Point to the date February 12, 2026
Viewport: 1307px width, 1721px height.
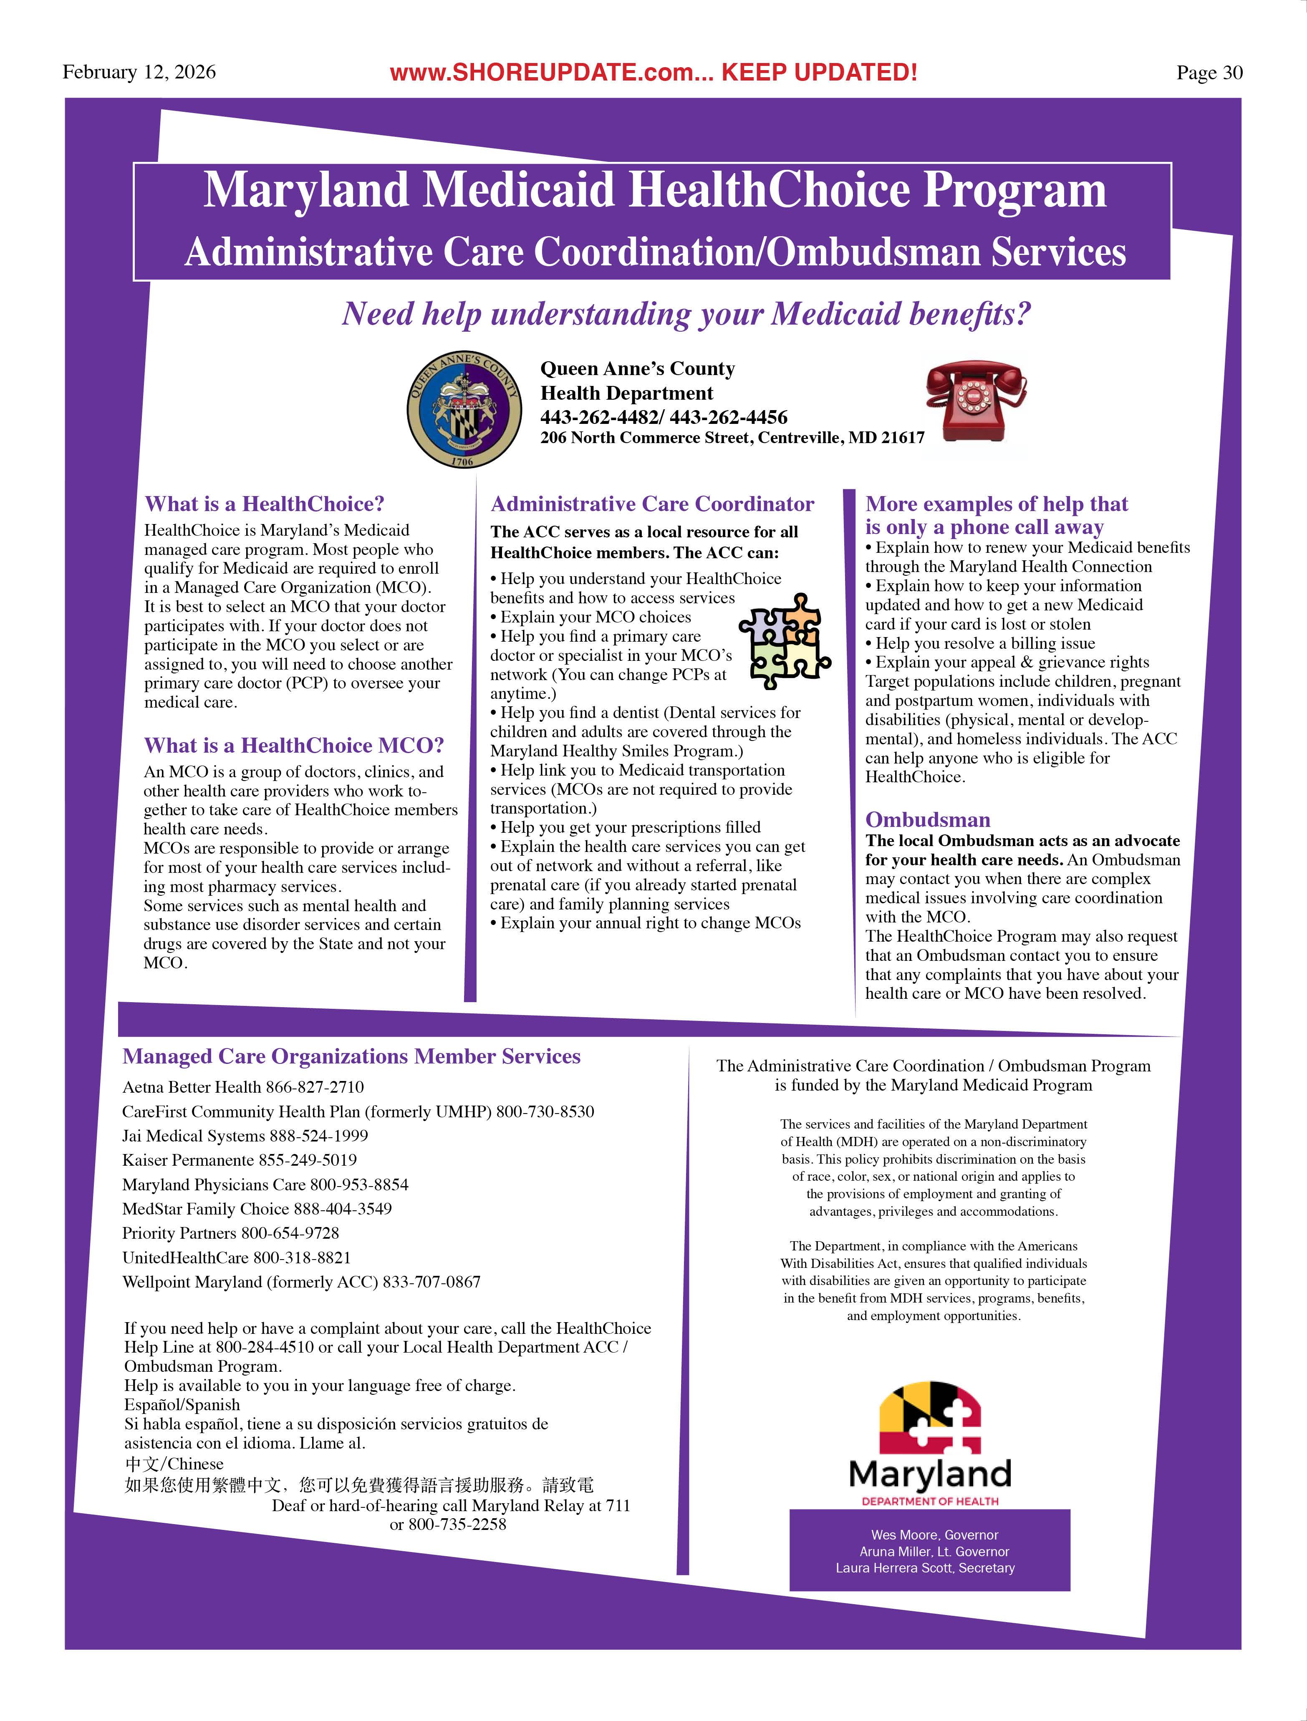pos(139,72)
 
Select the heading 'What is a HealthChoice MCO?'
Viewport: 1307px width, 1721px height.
pos(294,746)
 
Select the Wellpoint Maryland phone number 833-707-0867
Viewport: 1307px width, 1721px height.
pos(431,1281)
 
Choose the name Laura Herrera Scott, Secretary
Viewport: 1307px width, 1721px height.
pos(925,1568)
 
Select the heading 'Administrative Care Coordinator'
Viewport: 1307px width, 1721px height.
pos(652,504)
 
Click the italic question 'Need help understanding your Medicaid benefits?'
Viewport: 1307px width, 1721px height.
pos(686,314)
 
